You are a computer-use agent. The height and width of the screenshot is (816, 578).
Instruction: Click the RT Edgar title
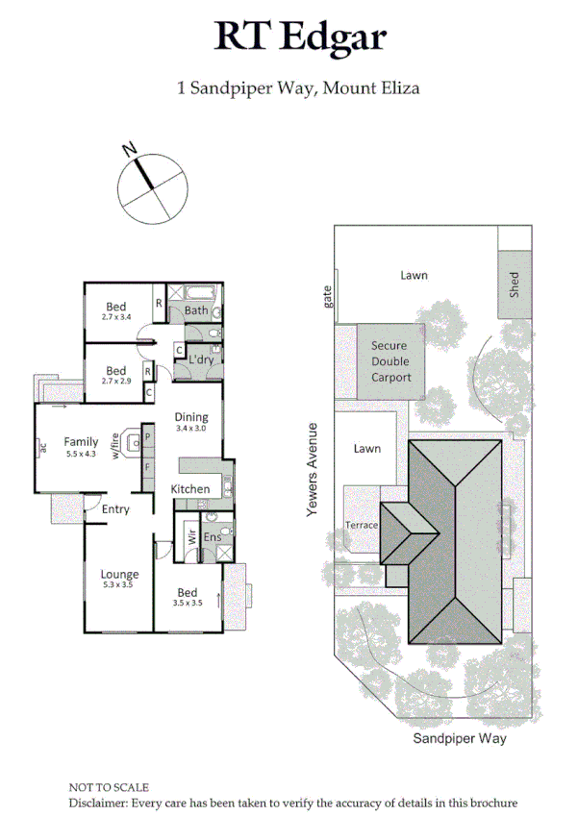click(299, 37)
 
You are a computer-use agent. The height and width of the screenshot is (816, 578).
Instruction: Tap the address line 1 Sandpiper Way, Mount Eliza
click(299, 88)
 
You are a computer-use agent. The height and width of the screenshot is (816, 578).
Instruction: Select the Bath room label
click(196, 310)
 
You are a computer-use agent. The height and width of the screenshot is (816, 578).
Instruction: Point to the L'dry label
click(201, 359)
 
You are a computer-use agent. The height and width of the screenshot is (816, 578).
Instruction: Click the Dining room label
click(190, 417)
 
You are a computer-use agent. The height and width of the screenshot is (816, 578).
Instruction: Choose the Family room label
click(82, 442)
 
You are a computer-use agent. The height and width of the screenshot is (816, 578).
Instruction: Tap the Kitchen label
click(190, 489)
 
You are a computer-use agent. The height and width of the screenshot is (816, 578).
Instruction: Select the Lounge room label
click(120, 575)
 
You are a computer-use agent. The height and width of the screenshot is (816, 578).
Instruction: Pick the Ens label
click(213, 537)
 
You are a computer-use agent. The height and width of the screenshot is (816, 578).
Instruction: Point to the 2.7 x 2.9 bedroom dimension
click(116, 382)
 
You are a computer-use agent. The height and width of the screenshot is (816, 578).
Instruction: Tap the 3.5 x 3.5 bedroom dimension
click(188, 604)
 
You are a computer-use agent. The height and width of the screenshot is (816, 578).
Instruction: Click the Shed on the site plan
click(514, 285)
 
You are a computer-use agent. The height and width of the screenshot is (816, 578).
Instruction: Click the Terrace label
click(363, 526)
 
